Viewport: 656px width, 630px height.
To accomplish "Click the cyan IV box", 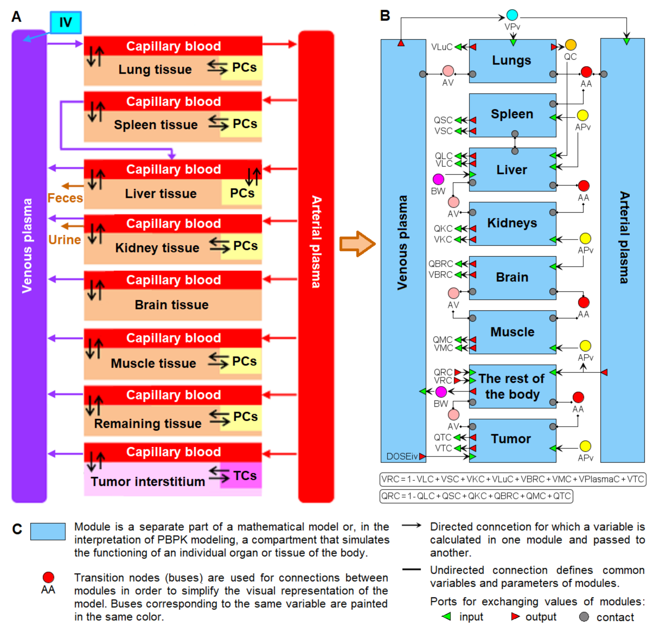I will pyautogui.click(x=66, y=22).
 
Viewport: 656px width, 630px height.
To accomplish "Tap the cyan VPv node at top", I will pyautogui.click(x=512, y=15).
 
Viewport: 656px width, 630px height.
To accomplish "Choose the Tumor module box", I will pyautogui.click(x=512, y=440).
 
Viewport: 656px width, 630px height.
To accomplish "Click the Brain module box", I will pyautogui.click(x=512, y=278).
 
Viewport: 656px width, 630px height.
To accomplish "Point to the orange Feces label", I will pyautogui.click(x=65, y=198).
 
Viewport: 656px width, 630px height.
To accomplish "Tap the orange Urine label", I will pyautogui.click(x=65, y=240).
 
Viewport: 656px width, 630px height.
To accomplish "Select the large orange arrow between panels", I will pyautogui.click(x=357, y=243).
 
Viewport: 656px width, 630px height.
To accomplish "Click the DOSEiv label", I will pyautogui.click(x=402, y=456).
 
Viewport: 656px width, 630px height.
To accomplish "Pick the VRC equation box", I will pyautogui.click(x=512, y=479).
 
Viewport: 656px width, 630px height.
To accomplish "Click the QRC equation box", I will pyautogui.click(x=476, y=496).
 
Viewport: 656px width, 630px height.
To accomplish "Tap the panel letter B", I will pyautogui.click(x=385, y=16).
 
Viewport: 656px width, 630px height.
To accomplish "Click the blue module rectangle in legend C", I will pyautogui.click(x=48, y=531).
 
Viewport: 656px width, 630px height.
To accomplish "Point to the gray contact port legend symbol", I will pyautogui.click(x=584, y=617).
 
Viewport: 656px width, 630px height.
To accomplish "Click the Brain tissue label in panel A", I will pyautogui.click(x=171, y=305).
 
